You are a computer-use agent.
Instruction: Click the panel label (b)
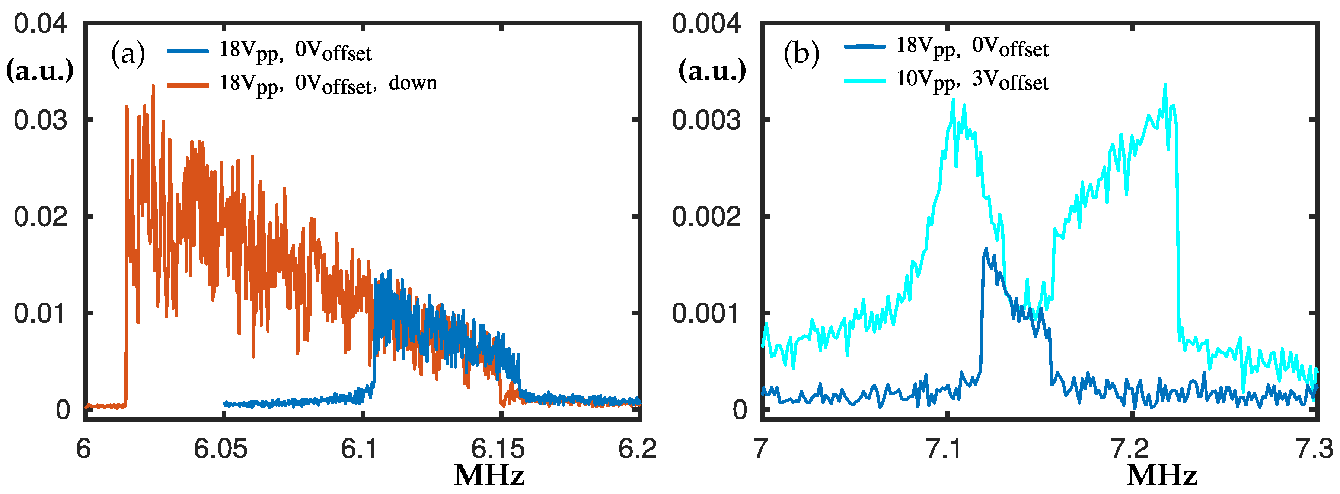coord(801,53)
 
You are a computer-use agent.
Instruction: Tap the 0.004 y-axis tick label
coord(705,24)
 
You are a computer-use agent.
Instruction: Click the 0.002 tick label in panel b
coord(705,216)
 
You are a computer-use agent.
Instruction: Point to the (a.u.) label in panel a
coord(39,71)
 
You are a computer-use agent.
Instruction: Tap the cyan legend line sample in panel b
coord(865,81)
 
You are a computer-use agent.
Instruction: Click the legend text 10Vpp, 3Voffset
coord(972,81)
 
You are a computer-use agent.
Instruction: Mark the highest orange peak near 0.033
coord(153,86)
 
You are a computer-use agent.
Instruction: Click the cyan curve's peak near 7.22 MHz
coord(1165,85)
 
